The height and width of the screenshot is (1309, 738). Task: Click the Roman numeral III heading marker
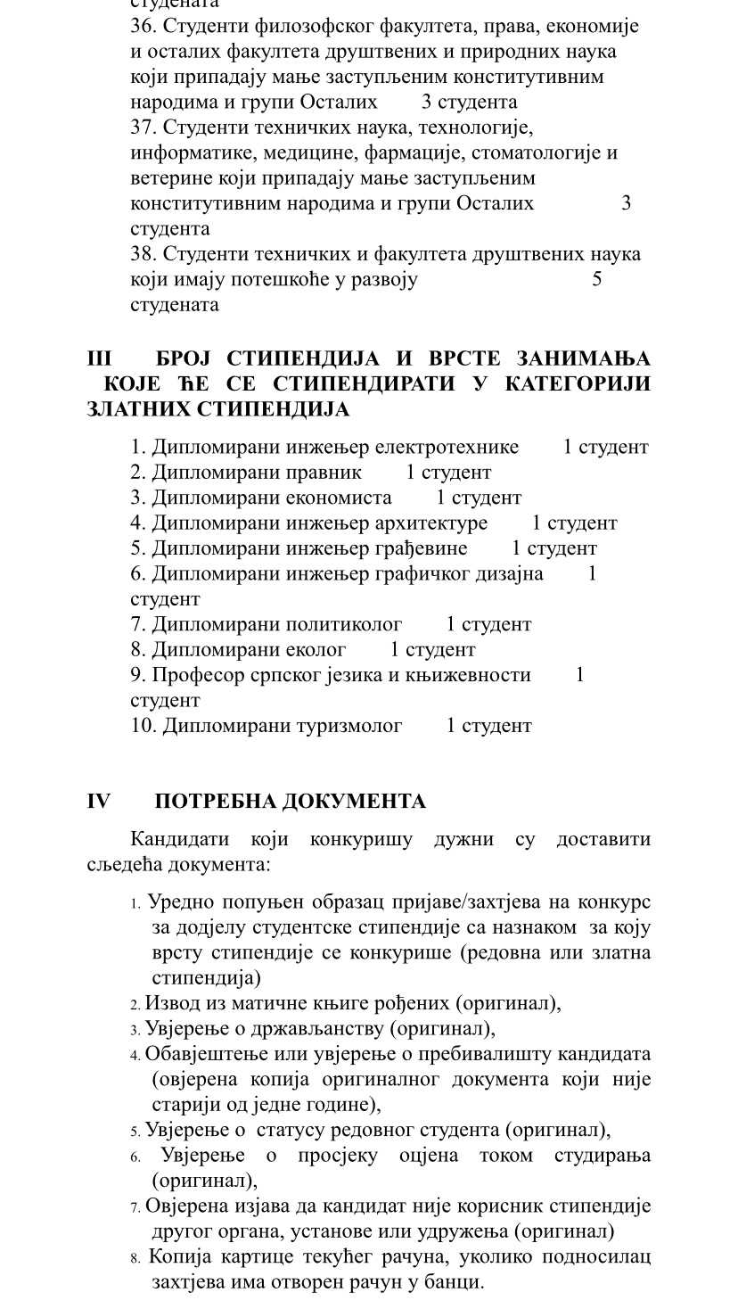pos(99,358)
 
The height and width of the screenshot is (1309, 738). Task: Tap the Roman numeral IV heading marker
pos(98,801)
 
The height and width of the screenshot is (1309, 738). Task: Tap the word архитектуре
pos(431,523)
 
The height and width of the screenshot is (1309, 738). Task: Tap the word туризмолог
pos(343,726)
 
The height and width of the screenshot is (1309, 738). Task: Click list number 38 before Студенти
pos(143,254)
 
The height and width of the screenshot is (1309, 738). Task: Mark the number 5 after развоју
pos(597,279)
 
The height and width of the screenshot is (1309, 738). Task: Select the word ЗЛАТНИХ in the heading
pos(138,409)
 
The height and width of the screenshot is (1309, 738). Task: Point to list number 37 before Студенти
pos(143,127)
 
